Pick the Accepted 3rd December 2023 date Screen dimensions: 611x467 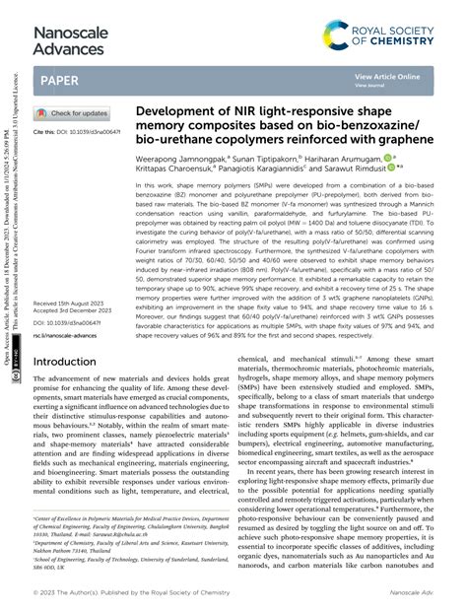78,311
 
